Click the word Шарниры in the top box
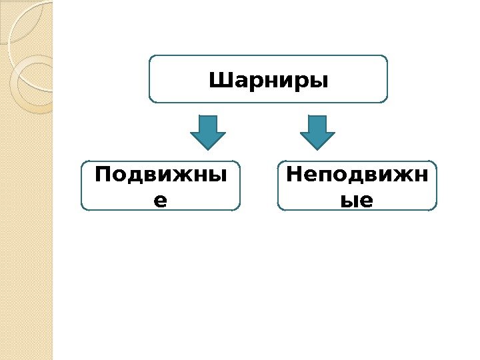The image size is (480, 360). tap(269, 81)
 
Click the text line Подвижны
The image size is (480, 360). tap(160, 176)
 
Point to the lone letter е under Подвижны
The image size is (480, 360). tap(160, 199)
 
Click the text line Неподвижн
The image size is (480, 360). tap(357, 176)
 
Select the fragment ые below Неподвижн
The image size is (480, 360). tap(357, 199)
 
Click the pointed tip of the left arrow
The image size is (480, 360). tap(208, 147)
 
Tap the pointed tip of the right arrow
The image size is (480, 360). tap(317, 147)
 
